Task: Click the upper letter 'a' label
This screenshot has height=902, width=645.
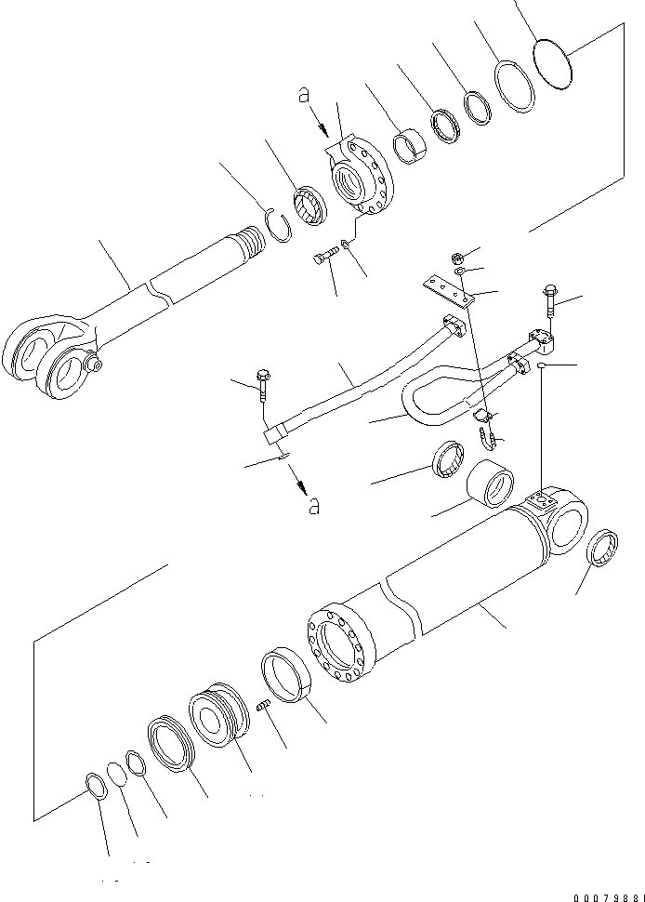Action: click(x=304, y=95)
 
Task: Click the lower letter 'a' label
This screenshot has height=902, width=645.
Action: click(x=314, y=506)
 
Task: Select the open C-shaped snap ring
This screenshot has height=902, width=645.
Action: click(x=281, y=226)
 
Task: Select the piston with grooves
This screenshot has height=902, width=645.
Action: click(x=220, y=712)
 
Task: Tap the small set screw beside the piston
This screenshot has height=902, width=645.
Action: click(x=264, y=704)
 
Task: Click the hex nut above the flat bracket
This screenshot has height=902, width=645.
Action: click(x=458, y=258)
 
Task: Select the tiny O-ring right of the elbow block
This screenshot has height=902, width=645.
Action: click(x=541, y=365)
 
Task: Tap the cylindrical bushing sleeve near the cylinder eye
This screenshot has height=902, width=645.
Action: click(x=490, y=484)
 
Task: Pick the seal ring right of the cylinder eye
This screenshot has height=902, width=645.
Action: click(x=602, y=548)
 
